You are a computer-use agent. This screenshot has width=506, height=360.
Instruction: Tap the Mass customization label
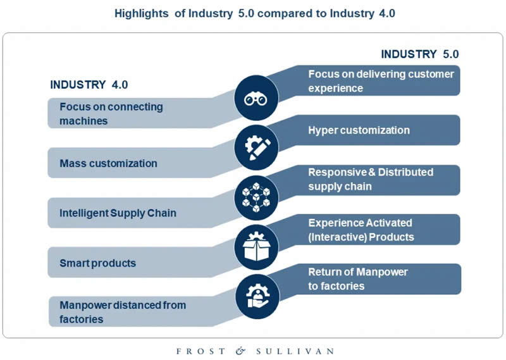108,163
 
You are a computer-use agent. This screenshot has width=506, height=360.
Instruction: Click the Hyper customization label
359,130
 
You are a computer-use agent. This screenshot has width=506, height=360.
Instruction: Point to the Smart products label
97,263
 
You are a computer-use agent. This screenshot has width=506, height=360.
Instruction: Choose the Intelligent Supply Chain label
118,213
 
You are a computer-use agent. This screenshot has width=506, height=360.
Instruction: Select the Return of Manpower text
358,272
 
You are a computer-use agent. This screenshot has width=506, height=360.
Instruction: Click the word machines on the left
83,120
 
